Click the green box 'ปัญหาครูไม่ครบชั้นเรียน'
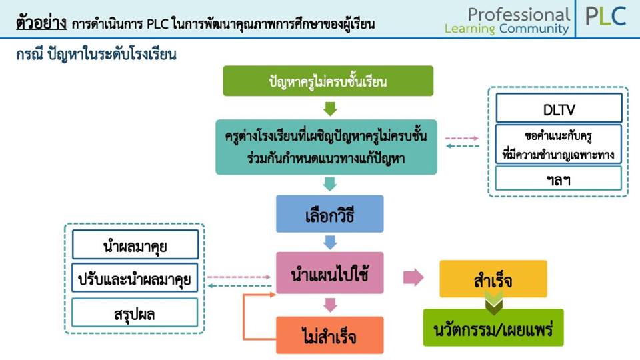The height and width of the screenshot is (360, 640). [328, 81]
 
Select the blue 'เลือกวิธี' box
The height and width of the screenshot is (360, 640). [330, 214]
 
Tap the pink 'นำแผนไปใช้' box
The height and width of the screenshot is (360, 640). [330, 273]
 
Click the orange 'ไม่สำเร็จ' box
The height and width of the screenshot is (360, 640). [330, 335]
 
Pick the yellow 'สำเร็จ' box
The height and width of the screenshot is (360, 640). [493, 279]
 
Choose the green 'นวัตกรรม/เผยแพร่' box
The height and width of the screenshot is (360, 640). [493, 328]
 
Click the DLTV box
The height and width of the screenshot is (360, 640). [559, 108]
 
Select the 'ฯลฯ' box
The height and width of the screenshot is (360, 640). [559, 179]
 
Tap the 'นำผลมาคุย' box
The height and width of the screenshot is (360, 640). [135, 245]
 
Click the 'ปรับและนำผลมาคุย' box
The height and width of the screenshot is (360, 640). [135, 278]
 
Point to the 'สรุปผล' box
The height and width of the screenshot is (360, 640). [135, 313]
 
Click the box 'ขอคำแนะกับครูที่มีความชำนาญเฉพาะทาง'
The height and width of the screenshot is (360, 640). [559, 144]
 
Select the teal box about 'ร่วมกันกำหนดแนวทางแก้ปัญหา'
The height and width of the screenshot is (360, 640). [326, 147]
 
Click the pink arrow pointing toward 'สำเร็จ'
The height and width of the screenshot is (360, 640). [413, 277]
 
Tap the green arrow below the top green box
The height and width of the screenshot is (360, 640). [330, 109]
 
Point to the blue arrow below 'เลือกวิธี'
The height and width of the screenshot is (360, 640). [330, 242]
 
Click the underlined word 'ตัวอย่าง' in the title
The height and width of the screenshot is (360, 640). [41, 23]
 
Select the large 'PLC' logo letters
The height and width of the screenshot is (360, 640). [606, 17]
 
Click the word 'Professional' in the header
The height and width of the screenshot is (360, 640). [519, 14]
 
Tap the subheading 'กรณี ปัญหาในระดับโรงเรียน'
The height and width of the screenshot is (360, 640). [96, 54]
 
